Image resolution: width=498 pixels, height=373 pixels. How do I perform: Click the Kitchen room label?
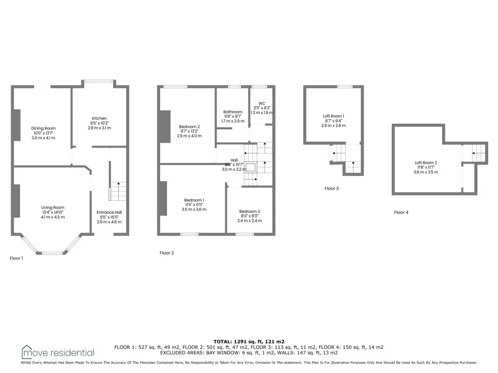click(x=99, y=118)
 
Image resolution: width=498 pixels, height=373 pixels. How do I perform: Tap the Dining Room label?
click(x=43, y=128)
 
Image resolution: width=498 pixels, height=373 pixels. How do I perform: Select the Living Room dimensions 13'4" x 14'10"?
click(x=53, y=212)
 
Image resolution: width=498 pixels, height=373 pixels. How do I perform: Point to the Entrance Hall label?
click(x=109, y=212)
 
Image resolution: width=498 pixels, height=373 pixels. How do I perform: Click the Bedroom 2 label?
click(x=189, y=127)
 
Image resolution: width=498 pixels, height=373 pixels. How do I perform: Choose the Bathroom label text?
click(x=233, y=112)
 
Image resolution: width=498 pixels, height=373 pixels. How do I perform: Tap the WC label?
click(x=262, y=103)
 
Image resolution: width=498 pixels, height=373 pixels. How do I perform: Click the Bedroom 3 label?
click(x=250, y=211)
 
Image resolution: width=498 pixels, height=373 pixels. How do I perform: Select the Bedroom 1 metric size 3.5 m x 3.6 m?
click(x=194, y=210)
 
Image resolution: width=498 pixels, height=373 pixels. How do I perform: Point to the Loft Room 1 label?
click(x=333, y=116)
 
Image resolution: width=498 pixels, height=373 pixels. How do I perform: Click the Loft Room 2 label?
click(x=426, y=163)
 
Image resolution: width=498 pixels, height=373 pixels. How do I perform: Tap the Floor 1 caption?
click(x=16, y=258)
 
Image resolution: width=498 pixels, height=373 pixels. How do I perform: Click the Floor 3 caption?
click(x=331, y=189)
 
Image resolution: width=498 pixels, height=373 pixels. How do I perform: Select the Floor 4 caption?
click(x=401, y=212)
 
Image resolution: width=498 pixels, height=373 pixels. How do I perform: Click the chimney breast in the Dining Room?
click(x=17, y=125)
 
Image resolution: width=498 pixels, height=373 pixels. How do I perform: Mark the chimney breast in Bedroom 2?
click(x=165, y=127)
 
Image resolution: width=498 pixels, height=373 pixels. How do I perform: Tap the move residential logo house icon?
click(x=27, y=352)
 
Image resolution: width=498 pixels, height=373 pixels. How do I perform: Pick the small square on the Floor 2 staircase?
click(x=250, y=168)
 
